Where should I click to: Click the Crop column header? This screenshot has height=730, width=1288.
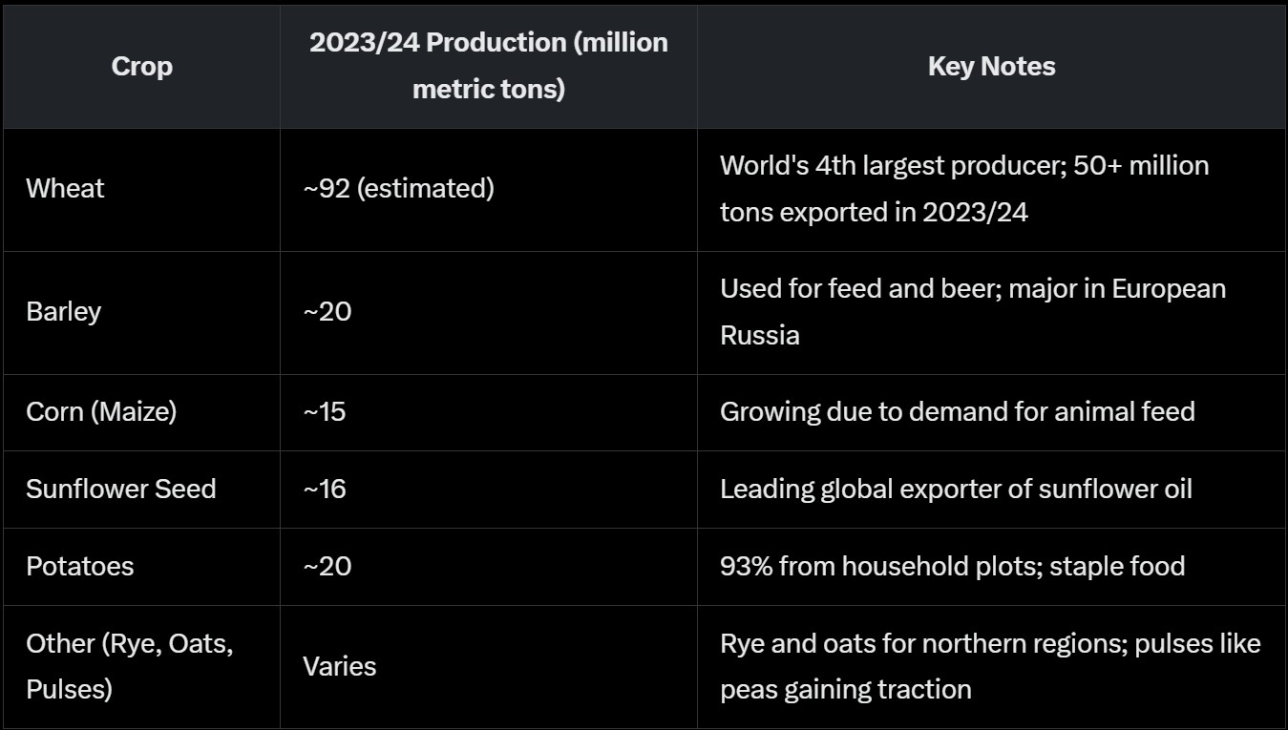click(141, 67)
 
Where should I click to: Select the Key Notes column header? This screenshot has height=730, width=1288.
click(991, 67)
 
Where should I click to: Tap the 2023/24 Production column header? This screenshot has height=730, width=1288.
click(488, 67)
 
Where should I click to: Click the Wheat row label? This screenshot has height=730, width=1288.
click(65, 189)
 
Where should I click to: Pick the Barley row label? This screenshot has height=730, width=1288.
click(63, 312)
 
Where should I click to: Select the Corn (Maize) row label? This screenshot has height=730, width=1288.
click(101, 411)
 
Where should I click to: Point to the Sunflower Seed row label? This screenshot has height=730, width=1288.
click(121, 489)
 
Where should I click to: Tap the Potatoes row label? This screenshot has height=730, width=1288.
click(79, 566)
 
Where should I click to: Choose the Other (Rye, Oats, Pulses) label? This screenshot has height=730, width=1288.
click(129, 666)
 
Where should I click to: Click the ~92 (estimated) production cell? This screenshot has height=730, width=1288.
click(398, 189)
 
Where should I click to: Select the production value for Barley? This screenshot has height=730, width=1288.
click(327, 312)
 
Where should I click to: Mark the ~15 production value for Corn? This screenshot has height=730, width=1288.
click(325, 411)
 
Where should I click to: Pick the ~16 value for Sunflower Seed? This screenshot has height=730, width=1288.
click(325, 489)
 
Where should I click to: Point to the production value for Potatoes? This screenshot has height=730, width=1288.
click(327, 566)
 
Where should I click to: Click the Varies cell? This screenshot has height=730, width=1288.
click(339, 666)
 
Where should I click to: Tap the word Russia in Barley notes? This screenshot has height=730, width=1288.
click(759, 336)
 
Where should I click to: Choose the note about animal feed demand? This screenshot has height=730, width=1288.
click(957, 411)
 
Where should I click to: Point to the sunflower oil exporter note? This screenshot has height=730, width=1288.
click(956, 489)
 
